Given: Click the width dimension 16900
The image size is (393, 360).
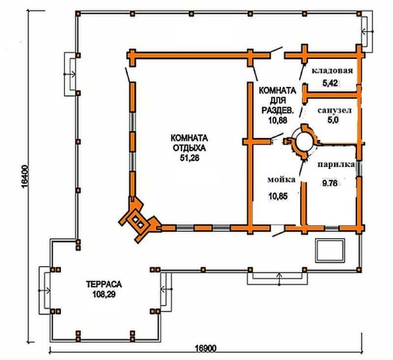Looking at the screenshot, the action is click(205, 348).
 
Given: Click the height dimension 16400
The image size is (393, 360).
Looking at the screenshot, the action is click(25, 176).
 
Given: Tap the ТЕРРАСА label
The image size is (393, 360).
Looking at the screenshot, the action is click(103, 284).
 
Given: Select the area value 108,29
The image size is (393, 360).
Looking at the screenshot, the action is click(103, 295).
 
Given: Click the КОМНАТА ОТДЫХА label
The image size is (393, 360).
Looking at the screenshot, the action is click(189, 143).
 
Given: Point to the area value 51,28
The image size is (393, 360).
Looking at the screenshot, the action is click(189, 158).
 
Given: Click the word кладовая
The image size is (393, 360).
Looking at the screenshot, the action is click(332, 71).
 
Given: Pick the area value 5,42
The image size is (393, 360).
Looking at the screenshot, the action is click(330, 83).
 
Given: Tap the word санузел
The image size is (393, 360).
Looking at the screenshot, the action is click(335, 110).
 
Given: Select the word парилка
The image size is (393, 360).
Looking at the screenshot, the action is click(337, 164).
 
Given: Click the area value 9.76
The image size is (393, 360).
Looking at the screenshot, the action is click(330, 184).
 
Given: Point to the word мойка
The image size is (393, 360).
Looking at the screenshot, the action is click(282, 179).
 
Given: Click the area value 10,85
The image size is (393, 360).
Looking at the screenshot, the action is click(278, 196).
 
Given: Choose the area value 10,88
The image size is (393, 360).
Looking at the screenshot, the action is click(278, 120).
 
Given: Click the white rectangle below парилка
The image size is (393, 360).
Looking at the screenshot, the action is click(330, 250).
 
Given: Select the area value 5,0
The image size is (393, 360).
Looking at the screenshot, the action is click(333, 120).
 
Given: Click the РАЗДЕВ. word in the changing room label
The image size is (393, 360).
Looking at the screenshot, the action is click(278, 110).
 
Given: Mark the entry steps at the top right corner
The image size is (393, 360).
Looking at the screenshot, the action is click(367, 31).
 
